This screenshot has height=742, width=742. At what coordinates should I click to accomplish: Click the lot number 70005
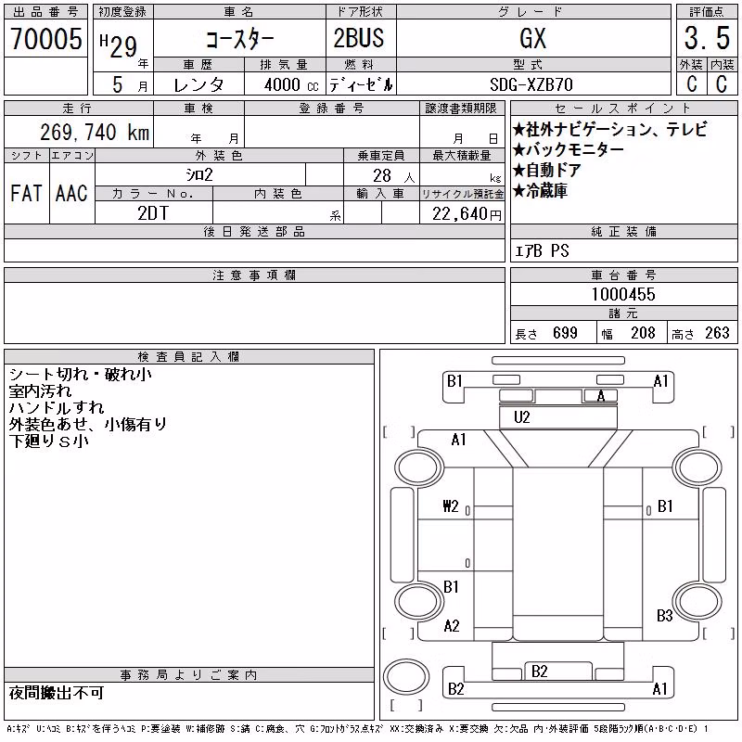[46, 38]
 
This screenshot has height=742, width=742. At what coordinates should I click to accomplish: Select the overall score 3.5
[707, 38]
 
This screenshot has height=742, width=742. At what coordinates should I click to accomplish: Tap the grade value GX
[532, 38]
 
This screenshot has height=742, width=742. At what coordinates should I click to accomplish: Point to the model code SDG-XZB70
[531, 84]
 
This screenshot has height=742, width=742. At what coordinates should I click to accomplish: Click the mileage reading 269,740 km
[95, 132]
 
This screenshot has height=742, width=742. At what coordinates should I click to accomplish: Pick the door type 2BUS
[359, 38]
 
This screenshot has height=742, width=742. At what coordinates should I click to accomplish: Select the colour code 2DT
[153, 213]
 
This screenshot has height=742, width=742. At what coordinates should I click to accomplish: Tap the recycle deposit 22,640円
[467, 214]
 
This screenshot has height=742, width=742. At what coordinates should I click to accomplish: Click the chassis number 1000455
[623, 294]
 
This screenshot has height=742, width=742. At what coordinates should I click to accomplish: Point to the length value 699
[565, 333]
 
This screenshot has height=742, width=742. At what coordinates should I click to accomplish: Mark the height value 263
[717, 333]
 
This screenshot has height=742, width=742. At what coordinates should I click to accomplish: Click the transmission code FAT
[26, 193]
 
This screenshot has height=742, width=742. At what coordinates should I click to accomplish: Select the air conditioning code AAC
[71, 193]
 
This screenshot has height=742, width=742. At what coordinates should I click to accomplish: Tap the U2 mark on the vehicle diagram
[521, 416]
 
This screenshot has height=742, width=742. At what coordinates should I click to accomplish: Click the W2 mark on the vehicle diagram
[451, 506]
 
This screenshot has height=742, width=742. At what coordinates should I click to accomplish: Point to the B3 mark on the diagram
[664, 616]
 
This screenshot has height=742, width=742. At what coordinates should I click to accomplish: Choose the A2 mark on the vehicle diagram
[452, 626]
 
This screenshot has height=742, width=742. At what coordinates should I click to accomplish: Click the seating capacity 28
[382, 175]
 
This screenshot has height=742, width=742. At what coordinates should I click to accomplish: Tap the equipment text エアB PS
[542, 250]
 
